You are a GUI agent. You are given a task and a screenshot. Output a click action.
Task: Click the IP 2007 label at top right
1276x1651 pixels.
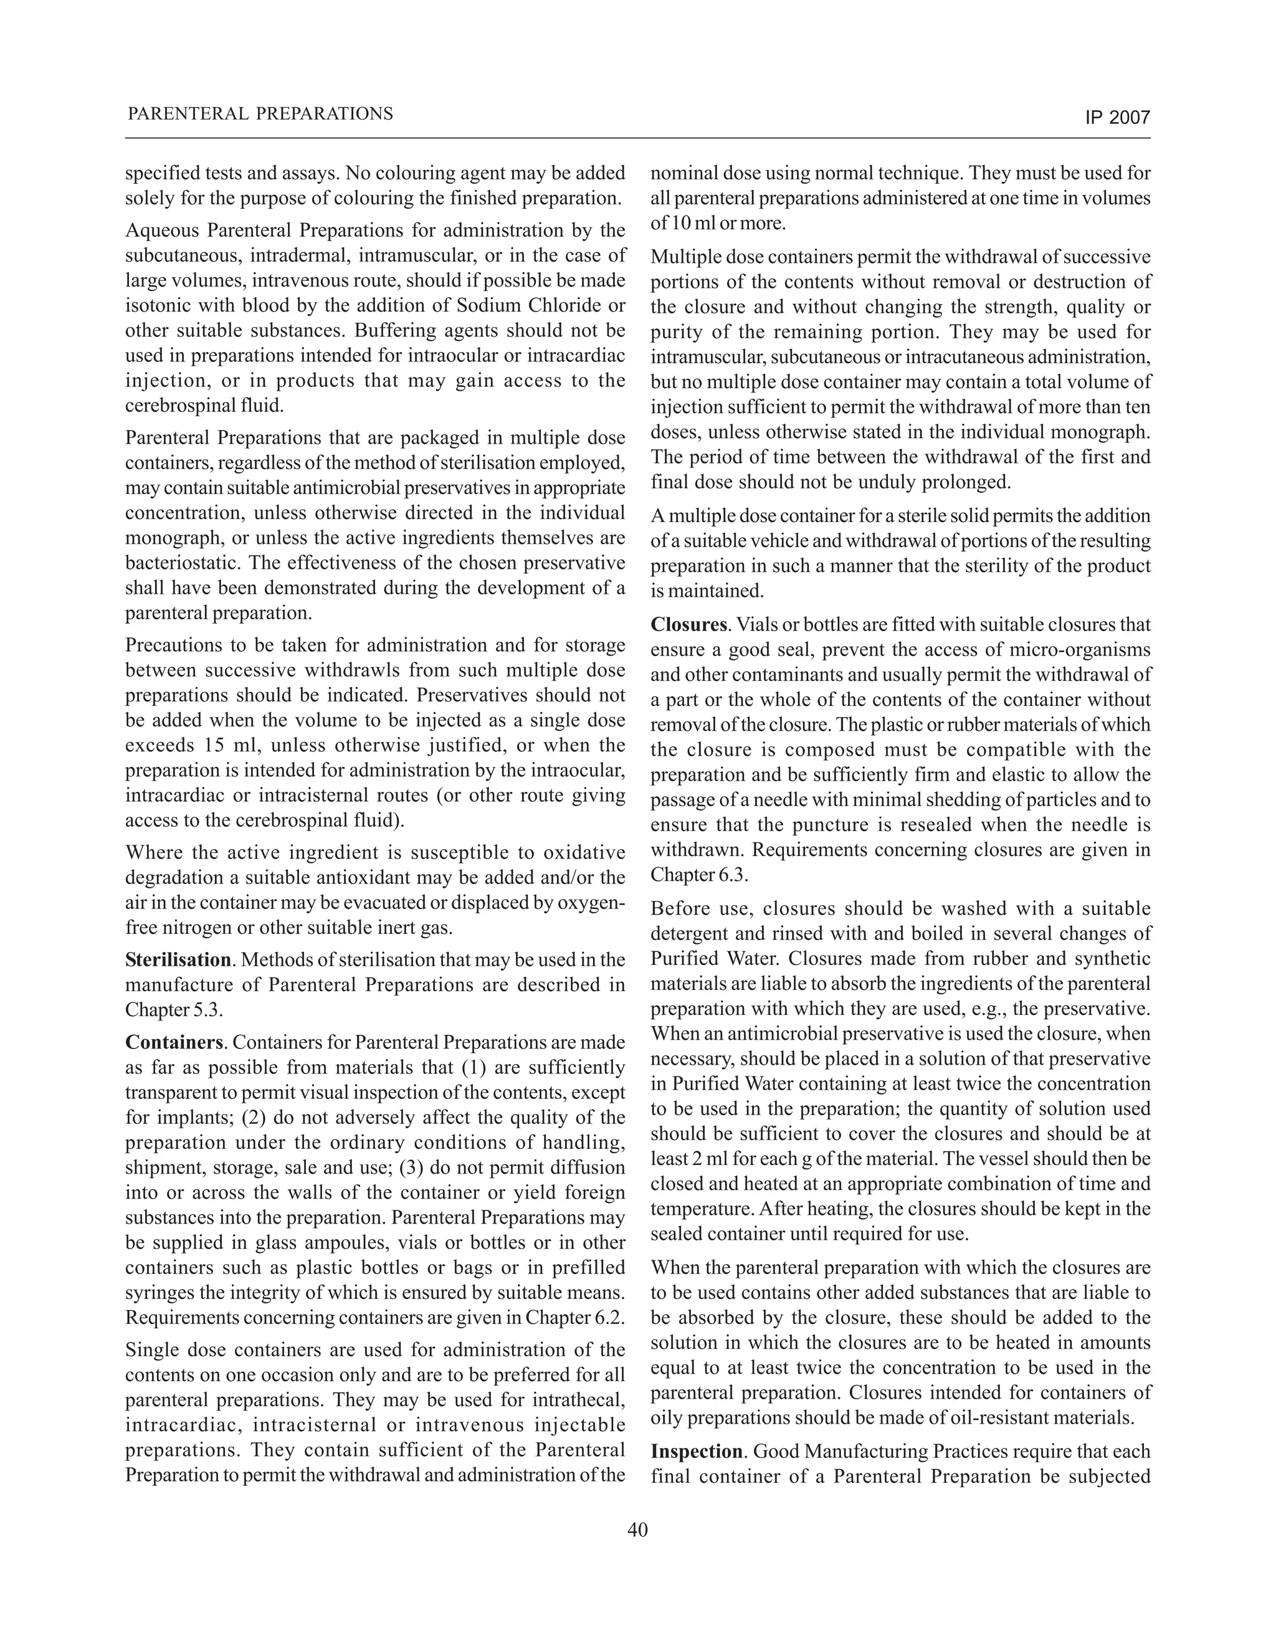click(x=1116, y=118)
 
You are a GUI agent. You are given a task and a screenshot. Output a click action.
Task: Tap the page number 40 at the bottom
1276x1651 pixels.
click(x=637, y=1530)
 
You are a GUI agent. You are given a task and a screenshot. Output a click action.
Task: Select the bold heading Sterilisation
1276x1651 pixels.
click(x=178, y=960)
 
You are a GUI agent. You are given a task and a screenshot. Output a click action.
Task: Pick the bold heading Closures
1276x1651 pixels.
click(x=688, y=625)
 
